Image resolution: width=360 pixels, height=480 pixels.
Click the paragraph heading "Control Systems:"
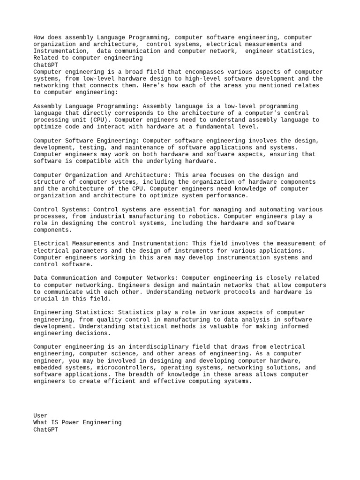click(61, 210)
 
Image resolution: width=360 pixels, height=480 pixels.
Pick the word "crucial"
click(45, 299)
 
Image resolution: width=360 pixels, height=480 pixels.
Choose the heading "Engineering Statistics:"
click(74, 312)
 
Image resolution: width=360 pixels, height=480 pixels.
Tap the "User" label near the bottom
click(40, 415)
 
